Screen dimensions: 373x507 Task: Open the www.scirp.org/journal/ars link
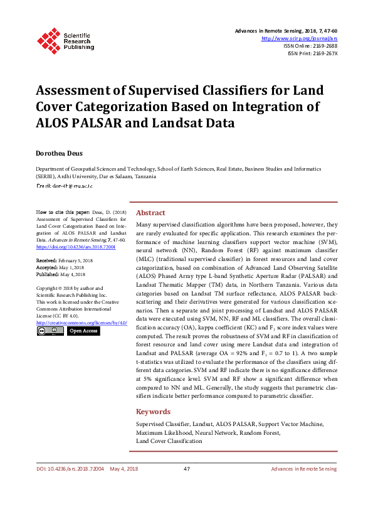pyautogui.click(x=299, y=38)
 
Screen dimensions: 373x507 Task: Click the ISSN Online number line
pyautogui.click(x=310, y=46)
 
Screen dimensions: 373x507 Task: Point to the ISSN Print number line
pyautogui.click(x=312, y=53)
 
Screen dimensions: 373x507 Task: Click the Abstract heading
pyautogui.click(x=151, y=213)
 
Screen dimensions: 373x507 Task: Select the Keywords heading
pyautogui.click(x=153, y=412)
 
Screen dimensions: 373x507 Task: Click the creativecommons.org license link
pyautogui.click(x=81, y=323)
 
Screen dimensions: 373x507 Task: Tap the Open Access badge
pyautogui.click(x=83, y=331)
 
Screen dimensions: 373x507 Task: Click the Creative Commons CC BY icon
pyautogui.click(x=50, y=331)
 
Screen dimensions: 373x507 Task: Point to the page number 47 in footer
pyautogui.click(x=187, y=469)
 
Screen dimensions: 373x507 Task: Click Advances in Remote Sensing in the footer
pyautogui.click(x=304, y=469)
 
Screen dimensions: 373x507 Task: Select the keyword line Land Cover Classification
pyautogui.click(x=169, y=441)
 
